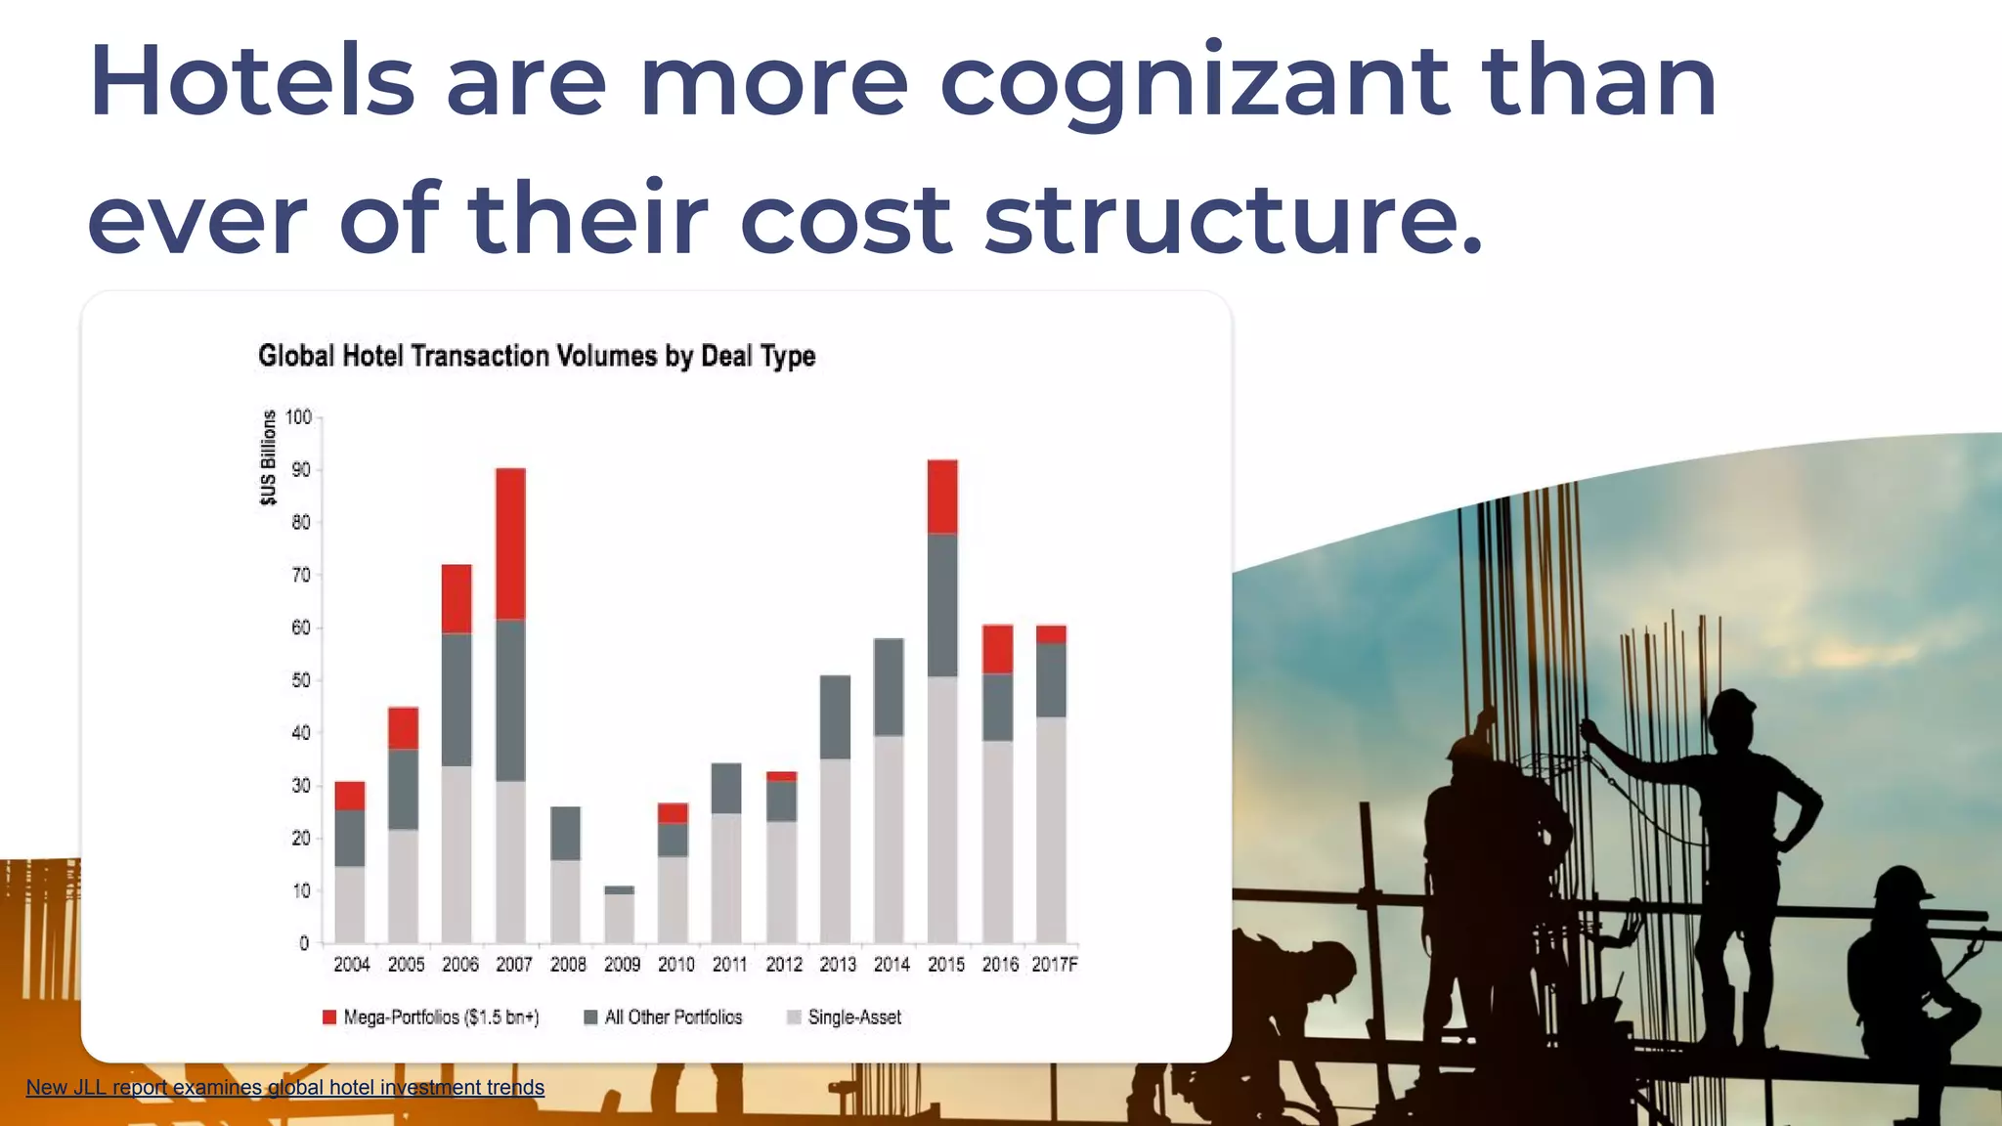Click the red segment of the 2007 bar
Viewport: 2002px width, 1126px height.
(x=510, y=543)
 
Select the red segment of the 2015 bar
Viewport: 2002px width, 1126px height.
(x=942, y=497)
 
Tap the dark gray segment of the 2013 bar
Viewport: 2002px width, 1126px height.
(x=835, y=716)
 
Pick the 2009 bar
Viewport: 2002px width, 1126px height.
(x=619, y=915)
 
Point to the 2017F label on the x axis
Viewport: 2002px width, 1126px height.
(x=1055, y=965)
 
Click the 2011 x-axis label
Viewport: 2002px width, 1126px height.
(x=729, y=965)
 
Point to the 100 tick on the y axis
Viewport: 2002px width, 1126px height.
(x=298, y=417)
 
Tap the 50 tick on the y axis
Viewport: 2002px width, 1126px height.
(x=300, y=680)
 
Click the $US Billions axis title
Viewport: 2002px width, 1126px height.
(x=268, y=457)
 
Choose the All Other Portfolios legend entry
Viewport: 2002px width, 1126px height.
(x=664, y=1018)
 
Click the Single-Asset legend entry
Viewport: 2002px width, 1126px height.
(x=845, y=1018)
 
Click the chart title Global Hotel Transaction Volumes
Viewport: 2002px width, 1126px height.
(x=537, y=356)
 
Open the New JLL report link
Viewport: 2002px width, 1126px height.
(x=284, y=1087)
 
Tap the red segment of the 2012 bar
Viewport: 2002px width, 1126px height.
(x=781, y=776)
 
